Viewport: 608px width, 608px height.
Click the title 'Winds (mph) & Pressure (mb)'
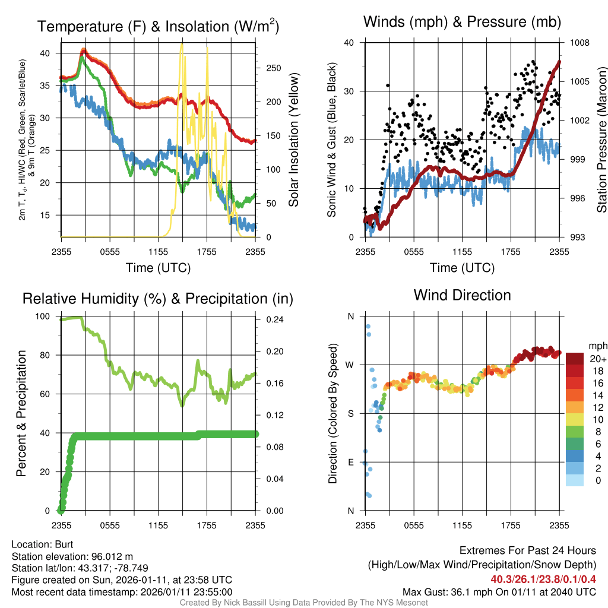tap(462, 22)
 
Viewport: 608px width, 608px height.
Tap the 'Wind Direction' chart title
tap(462, 294)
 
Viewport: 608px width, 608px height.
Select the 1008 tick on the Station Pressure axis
tap(580, 43)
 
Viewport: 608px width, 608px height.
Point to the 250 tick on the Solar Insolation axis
tap(273, 68)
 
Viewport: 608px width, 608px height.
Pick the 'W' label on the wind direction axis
tap(350, 365)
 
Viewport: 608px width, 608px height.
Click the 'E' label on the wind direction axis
tap(350, 462)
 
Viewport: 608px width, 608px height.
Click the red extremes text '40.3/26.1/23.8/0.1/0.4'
tap(543, 579)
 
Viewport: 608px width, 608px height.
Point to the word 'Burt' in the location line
tap(65, 544)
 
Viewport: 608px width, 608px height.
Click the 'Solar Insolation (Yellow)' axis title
tap(293, 140)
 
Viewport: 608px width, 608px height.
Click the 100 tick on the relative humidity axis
tap(46, 316)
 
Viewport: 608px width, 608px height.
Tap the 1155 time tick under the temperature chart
tap(158, 252)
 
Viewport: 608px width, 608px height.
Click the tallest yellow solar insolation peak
tap(182, 45)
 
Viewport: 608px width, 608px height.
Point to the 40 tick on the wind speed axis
tap(350, 43)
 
